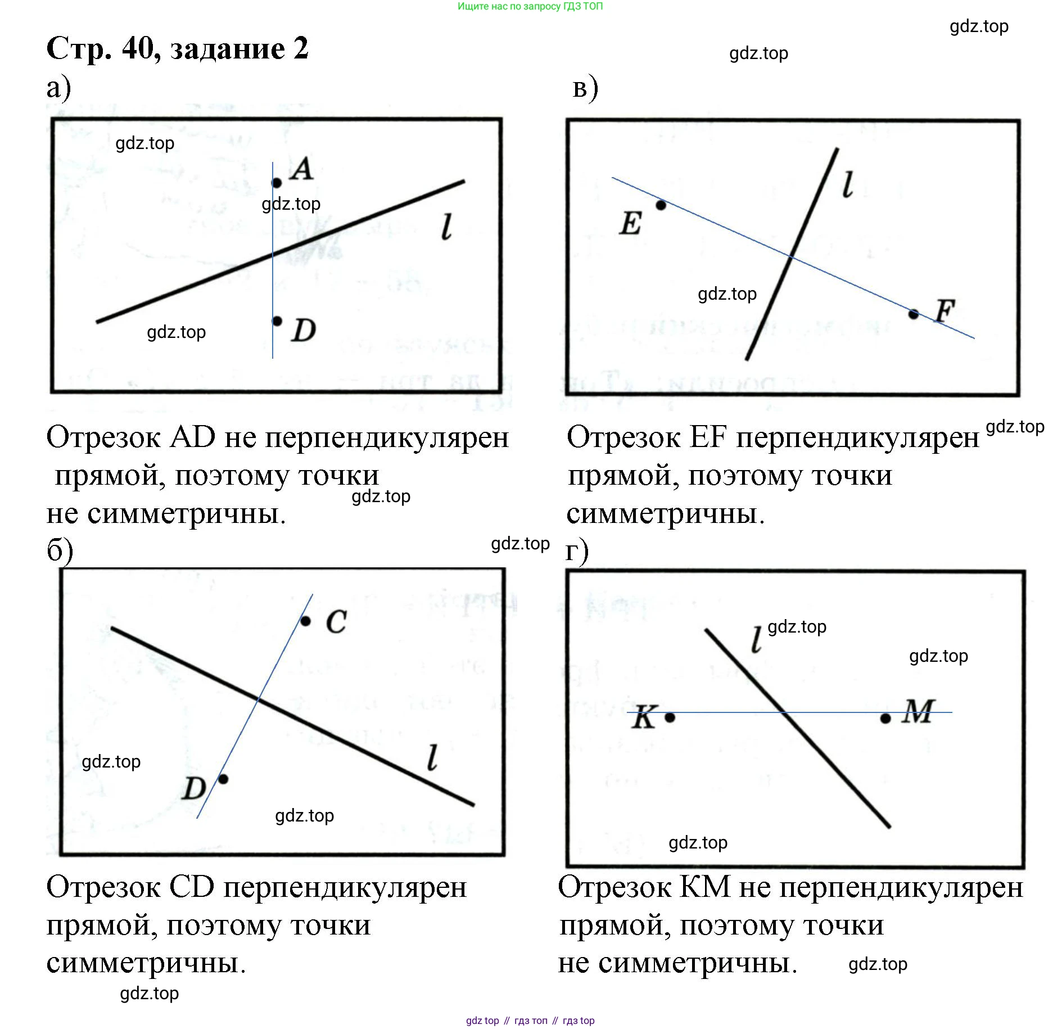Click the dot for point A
276,183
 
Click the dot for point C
305,621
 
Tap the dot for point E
661,205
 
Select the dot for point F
914,314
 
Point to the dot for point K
670,717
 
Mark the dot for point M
885,718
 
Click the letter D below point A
304,330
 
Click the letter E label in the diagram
630,223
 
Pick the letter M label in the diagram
919,711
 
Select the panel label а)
58,88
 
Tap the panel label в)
585,88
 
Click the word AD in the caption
192,437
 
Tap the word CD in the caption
192,887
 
